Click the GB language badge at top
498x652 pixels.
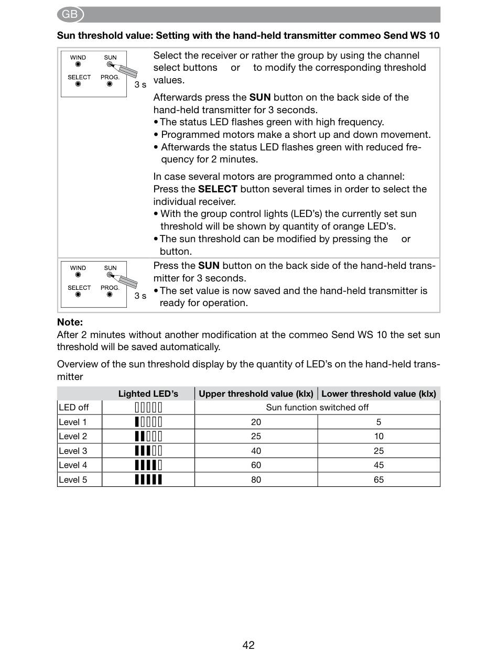coord(70,15)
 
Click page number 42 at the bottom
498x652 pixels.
coord(248,645)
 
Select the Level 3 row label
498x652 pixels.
coord(73,451)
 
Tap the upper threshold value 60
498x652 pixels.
coord(256,465)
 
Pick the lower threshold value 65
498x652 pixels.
coord(378,480)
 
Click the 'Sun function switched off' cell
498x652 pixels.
coord(317,407)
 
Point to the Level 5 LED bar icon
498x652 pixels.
coord(148,479)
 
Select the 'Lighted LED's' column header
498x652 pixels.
coord(148,394)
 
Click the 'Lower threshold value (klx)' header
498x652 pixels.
coord(378,394)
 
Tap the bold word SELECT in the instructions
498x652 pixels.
coord(218,189)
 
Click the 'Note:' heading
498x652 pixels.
coord(70,322)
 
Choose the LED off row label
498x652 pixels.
coord(74,407)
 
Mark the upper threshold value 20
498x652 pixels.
coord(256,422)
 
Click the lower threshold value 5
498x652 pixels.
coord(378,422)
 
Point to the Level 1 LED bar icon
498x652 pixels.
coord(148,422)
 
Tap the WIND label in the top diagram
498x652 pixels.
coord(78,58)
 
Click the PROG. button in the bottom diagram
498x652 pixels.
coord(110,295)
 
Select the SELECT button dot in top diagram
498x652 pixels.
coord(78,84)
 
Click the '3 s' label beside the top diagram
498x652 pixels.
coord(140,84)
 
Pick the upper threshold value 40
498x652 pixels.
coord(256,451)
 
